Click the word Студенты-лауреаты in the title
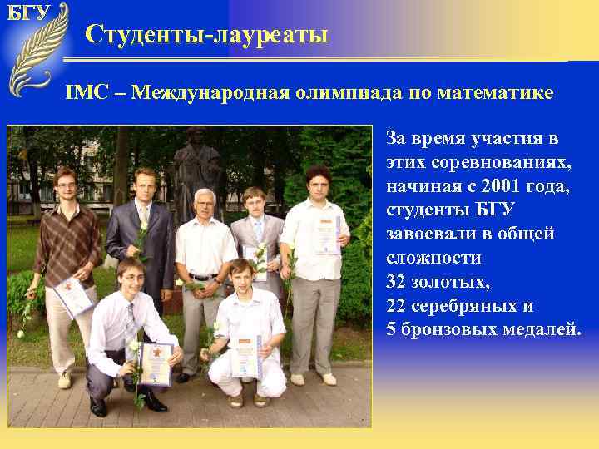coord(206,35)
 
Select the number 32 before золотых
coord(397,282)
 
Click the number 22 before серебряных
coord(397,305)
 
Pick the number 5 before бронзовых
coord(392,329)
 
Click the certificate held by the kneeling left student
coord(156,363)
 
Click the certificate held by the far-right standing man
coord(326,234)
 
